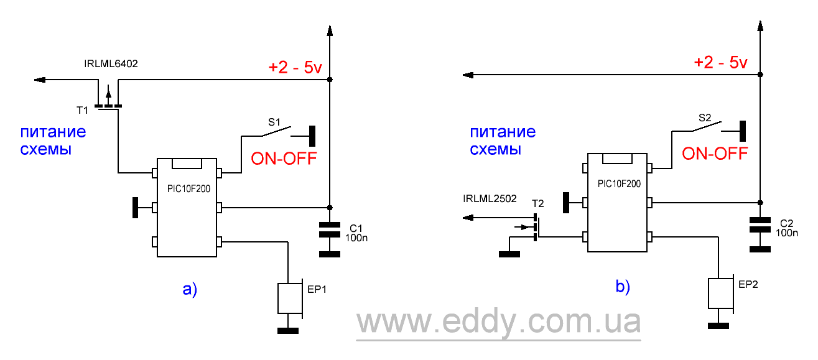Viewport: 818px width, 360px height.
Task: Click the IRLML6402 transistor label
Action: (x=111, y=63)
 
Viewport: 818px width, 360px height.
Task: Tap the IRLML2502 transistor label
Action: (x=490, y=199)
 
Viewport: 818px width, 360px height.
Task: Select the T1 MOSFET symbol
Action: (x=109, y=101)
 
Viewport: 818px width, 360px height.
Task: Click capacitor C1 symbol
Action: (x=330, y=229)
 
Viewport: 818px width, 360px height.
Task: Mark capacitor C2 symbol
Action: (x=760, y=224)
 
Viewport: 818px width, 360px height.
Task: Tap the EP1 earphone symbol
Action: (x=290, y=298)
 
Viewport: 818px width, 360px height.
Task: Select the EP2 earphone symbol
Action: (x=721, y=293)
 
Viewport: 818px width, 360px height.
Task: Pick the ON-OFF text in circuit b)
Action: (x=715, y=153)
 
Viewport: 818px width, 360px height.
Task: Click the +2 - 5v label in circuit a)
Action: (x=294, y=68)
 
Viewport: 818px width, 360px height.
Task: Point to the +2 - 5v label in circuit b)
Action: (x=720, y=63)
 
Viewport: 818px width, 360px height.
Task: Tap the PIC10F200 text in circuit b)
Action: (x=618, y=184)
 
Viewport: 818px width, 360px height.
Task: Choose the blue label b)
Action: (x=622, y=286)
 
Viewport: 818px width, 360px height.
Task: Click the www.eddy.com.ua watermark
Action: (x=498, y=323)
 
